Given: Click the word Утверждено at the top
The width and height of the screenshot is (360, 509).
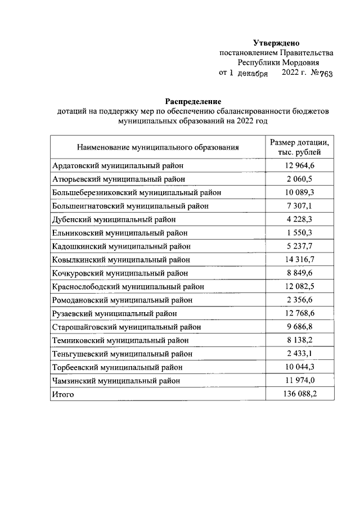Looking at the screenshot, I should (276, 43).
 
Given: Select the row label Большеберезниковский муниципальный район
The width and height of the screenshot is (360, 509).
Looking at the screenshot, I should (136, 192).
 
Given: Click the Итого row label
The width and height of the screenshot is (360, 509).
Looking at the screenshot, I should (63, 394).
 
